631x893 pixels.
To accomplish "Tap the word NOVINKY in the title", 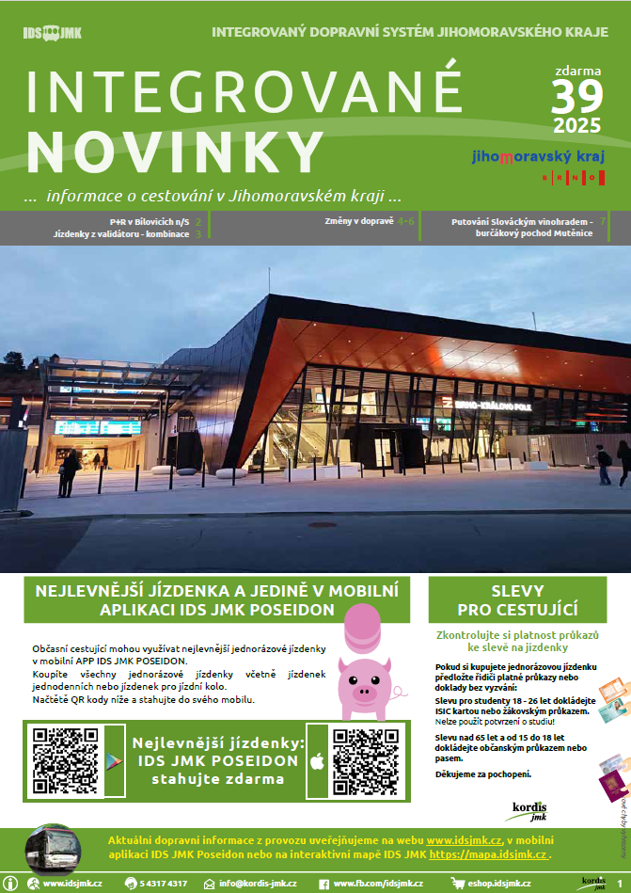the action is [176, 149].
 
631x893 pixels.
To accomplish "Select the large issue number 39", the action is [576, 97].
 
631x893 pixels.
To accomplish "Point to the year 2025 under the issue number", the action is [578, 125].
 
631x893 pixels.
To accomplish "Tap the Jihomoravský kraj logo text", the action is [538, 157].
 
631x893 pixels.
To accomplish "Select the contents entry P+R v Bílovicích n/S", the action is [150, 221].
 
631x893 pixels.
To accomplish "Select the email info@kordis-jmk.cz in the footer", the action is [258, 884].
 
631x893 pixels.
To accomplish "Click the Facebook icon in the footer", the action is [324, 884].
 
